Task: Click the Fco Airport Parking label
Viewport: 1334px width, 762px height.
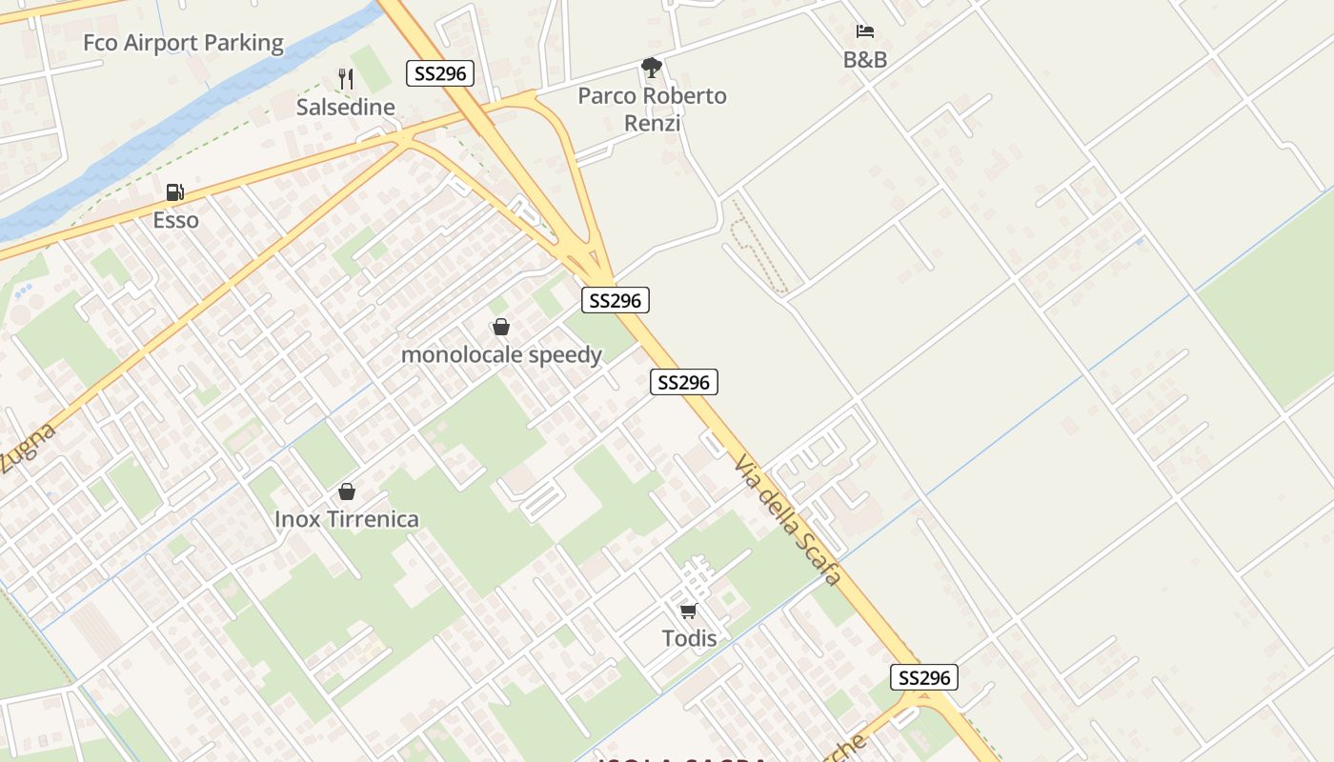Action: tap(183, 43)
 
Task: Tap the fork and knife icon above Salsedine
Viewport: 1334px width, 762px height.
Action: tap(346, 79)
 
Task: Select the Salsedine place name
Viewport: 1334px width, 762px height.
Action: tap(345, 107)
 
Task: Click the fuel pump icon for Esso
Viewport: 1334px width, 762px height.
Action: tap(174, 192)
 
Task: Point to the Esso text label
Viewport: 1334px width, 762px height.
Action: tap(176, 220)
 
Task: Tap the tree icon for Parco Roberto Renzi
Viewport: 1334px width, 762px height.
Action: tap(652, 68)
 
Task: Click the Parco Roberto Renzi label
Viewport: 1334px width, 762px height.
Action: tap(652, 109)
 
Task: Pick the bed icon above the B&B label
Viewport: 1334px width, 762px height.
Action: tap(865, 32)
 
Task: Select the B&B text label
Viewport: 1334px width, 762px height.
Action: tap(865, 60)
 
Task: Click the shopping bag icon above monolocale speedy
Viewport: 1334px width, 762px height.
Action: tap(501, 328)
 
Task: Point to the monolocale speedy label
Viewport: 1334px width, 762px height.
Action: tap(501, 355)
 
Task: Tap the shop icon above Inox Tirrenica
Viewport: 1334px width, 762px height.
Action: tap(347, 491)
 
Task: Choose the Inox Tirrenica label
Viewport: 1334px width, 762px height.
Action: tap(347, 519)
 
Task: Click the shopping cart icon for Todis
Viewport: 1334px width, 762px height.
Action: tap(689, 611)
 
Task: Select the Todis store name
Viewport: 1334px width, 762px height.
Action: tap(689, 638)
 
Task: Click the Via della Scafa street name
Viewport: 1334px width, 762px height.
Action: tap(788, 519)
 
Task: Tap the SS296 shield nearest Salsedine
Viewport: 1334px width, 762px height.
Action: tap(440, 73)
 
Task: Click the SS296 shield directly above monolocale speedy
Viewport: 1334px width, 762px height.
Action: tap(616, 301)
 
